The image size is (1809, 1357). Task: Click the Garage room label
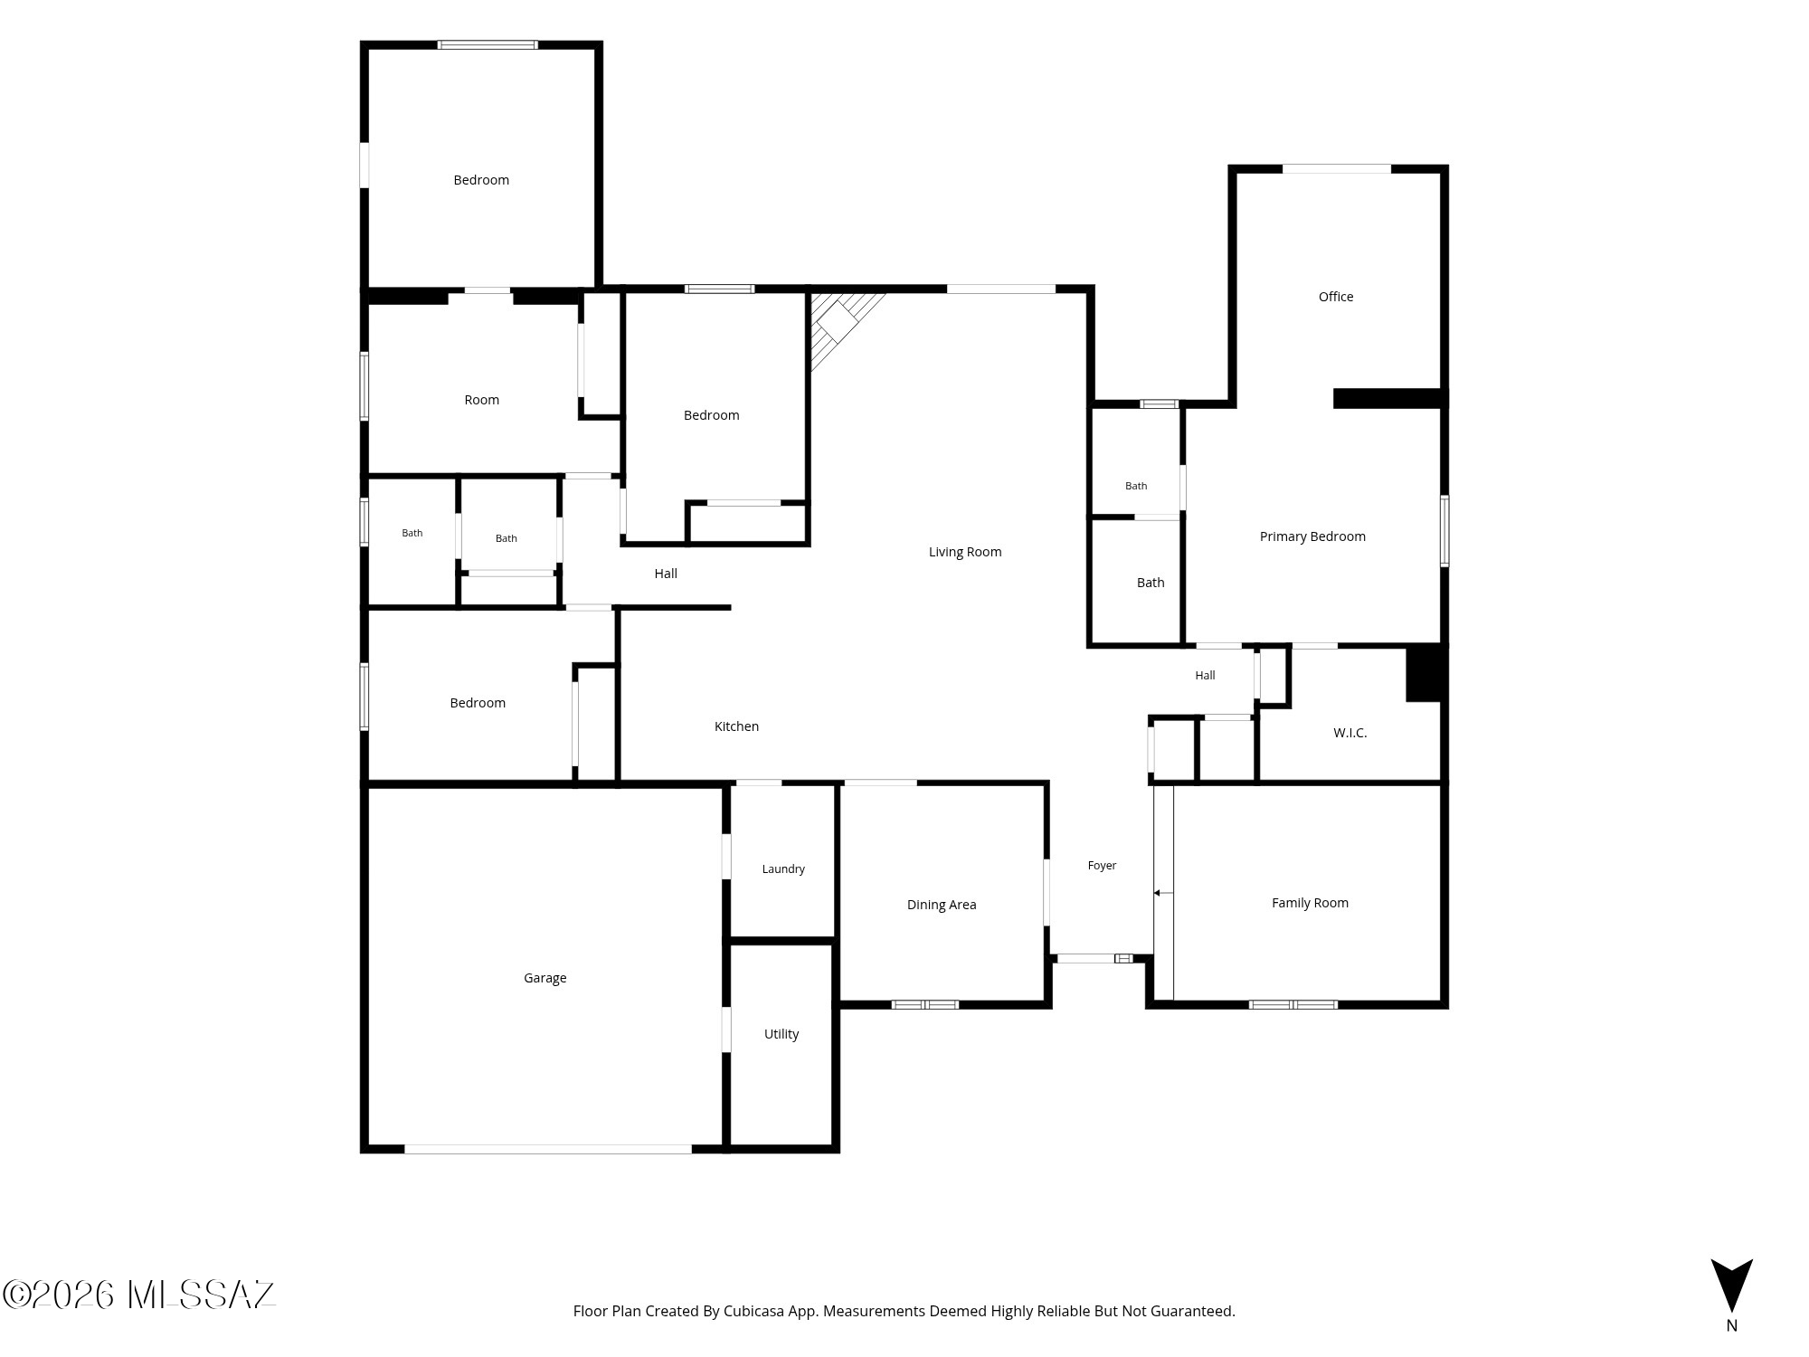coord(545,978)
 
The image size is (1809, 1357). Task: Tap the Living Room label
coord(965,552)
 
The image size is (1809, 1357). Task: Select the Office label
coord(1336,297)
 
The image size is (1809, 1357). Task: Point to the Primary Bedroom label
coord(1312,536)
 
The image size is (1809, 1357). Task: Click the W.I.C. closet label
coord(1350,733)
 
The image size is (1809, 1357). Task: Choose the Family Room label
coord(1310,903)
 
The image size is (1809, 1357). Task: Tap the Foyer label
coord(1102,866)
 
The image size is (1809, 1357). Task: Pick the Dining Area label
coord(942,905)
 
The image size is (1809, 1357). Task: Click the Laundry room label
coord(783,869)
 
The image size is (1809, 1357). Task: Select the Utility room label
coord(781,1034)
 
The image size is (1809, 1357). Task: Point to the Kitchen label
coord(736,726)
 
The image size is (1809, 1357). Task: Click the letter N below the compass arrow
coord(1731,1326)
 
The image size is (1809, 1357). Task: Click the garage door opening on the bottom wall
coord(548,1149)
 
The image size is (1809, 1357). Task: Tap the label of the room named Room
coord(481,400)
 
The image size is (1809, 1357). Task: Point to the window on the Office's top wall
coord(1337,169)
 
